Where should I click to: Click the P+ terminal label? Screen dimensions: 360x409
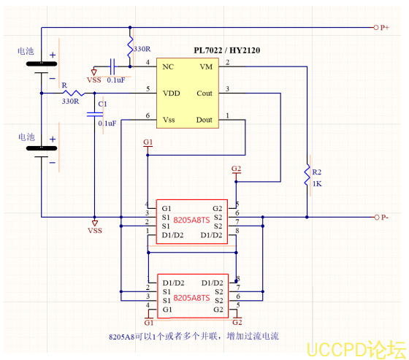pyautogui.click(x=386, y=28)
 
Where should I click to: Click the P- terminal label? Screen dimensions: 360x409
pyautogui.click(x=386, y=218)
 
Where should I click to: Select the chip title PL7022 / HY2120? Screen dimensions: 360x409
pyautogui.click(x=227, y=50)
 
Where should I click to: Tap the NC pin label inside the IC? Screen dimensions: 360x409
pyautogui.click(x=167, y=66)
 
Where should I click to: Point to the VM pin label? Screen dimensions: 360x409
pyautogui.click(x=205, y=66)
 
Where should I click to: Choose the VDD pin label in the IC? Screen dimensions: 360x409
pyautogui.click(x=171, y=93)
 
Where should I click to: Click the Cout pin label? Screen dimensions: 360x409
pyautogui.click(x=204, y=93)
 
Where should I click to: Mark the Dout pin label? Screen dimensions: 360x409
pyautogui.click(x=204, y=120)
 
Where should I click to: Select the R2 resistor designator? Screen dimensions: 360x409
pyautogui.click(x=317, y=172)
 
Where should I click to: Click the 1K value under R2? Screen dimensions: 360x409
pyautogui.click(x=317, y=184)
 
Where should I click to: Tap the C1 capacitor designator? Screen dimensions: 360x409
pyautogui.click(x=102, y=104)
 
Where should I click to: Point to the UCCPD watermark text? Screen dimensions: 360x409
pyautogui.click(x=354, y=348)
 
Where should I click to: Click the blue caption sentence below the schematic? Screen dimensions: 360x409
pyautogui.click(x=194, y=336)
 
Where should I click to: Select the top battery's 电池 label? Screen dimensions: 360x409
pyautogui.click(x=26, y=52)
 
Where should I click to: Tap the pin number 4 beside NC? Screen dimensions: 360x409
pyautogui.click(x=148, y=63)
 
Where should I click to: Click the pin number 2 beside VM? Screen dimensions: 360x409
pyautogui.click(x=227, y=63)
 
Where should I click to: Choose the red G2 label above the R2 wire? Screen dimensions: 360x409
pyautogui.click(x=235, y=169)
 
